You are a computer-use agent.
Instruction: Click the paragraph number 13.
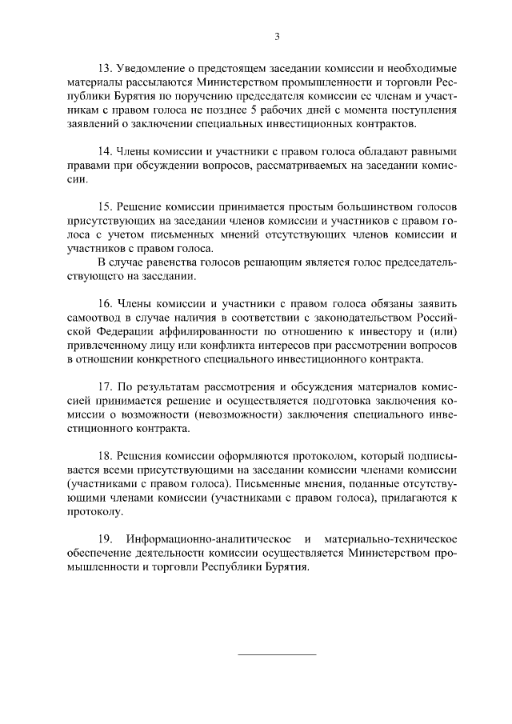104,67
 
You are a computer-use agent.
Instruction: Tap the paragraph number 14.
104,151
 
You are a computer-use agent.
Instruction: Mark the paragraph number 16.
104,304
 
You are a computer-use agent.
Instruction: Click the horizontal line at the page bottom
278,655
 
